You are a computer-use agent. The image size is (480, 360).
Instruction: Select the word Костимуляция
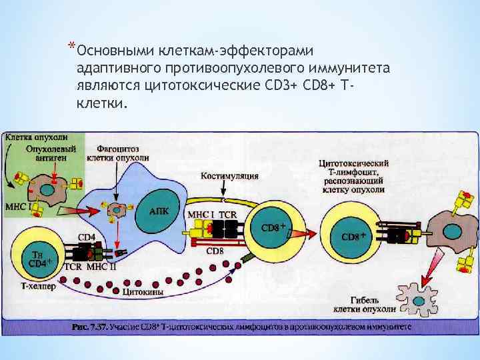click(229, 176)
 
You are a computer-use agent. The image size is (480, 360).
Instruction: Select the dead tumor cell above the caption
click(417, 297)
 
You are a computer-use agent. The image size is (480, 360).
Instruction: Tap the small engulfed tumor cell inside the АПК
click(118, 211)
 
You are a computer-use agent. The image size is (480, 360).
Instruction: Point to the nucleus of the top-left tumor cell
click(49, 189)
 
